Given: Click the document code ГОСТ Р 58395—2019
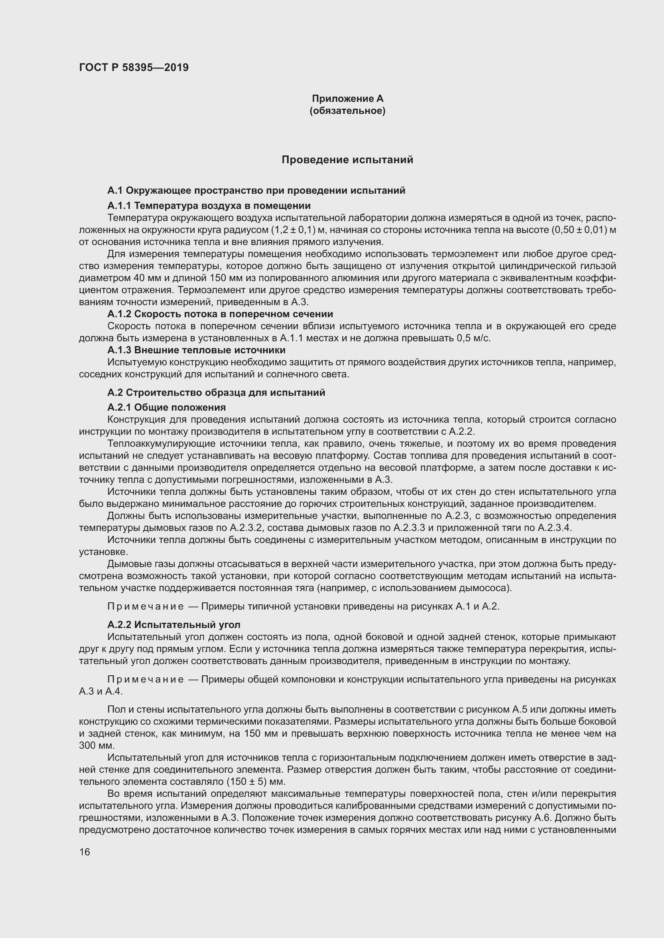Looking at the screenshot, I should tap(134, 67).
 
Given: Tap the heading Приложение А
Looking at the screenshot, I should tap(348, 99).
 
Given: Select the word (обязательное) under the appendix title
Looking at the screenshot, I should tap(348, 111).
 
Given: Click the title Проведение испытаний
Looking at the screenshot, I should tap(348, 160).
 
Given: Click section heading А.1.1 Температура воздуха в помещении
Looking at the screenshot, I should tap(209, 205).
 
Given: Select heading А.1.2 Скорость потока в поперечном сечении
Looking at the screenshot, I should tap(220, 314).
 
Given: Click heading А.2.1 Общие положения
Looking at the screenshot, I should tap(167, 407).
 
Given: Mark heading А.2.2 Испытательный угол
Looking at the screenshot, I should tap(174, 625).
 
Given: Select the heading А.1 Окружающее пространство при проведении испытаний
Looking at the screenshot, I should tap(257, 190).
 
